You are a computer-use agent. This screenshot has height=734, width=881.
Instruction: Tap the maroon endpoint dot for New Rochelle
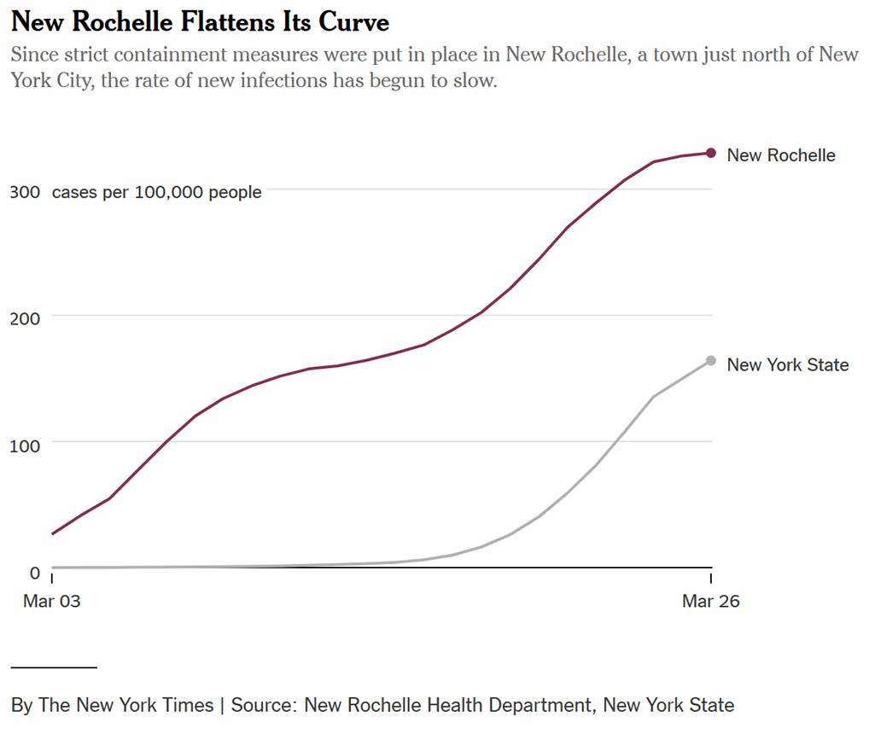tap(711, 153)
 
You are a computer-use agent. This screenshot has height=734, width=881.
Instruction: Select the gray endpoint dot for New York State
tap(711, 361)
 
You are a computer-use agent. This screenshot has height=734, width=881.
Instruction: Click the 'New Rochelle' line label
tap(780, 155)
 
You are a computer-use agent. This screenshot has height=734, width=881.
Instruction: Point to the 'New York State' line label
tap(787, 365)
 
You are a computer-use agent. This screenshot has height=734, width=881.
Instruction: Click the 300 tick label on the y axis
tap(25, 193)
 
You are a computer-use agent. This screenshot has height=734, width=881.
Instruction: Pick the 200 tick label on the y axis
tap(25, 319)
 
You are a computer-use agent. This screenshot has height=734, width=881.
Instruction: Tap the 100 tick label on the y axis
tap(25, 445)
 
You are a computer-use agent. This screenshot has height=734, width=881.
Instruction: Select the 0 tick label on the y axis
tap(35, 572)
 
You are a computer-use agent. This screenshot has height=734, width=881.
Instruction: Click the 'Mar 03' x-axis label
tap(52, 601)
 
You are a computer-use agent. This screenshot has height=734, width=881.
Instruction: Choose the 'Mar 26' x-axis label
tap(710, 601)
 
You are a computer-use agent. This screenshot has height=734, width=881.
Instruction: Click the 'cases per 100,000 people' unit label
tap(156, 193)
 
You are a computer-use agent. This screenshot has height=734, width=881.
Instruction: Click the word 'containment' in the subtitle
tap(170, 55)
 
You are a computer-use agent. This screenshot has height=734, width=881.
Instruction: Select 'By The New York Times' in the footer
tap(112, 705)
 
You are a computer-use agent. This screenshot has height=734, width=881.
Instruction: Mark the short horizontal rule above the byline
tap(54, 667)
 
